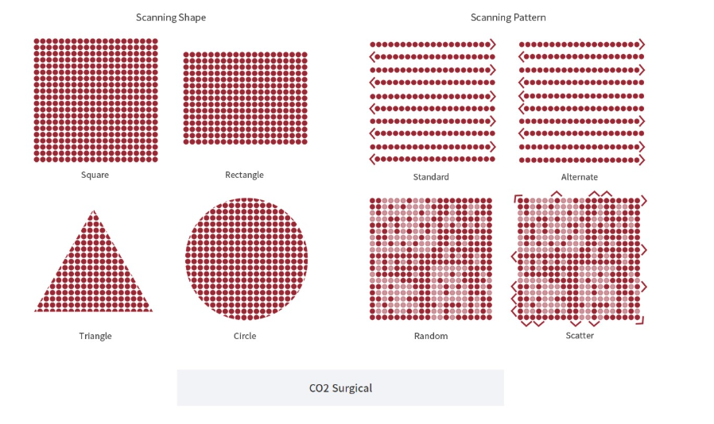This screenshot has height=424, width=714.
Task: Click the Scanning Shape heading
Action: click(x=171, y=17)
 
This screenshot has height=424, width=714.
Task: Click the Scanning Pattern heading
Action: click(x=508, y=17)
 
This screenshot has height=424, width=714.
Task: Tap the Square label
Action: click(x=95, y=175)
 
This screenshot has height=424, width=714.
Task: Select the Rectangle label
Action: click(x=244, y=175)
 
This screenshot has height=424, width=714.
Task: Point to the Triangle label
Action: click(x=95, y=336)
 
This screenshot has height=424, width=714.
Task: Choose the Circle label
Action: click(x=245, y=336)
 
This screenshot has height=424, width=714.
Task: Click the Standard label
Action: click(x=431, y=176)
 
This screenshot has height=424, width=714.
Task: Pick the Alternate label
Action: click(x=579, y=176)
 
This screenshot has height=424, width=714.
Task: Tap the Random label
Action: click(x=431, y=336)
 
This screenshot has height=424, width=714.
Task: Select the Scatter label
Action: click(x=580, y=335)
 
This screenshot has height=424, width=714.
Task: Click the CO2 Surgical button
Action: click(x=340, y=387)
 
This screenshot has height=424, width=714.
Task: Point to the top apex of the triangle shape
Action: click(x=94, y=210)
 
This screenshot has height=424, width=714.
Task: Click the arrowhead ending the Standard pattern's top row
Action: click(x=493, y=44)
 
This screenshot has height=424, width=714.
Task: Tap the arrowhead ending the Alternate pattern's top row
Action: click(x=642, y=44)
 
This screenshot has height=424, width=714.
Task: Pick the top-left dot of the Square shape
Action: click(x=37, y=41)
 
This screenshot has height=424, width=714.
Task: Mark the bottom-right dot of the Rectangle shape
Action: click(x=305, y=142)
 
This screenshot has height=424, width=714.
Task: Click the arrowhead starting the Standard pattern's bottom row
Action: click(x=372, y=160)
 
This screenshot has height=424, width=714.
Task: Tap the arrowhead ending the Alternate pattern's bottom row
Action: click(x=642, y=160)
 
